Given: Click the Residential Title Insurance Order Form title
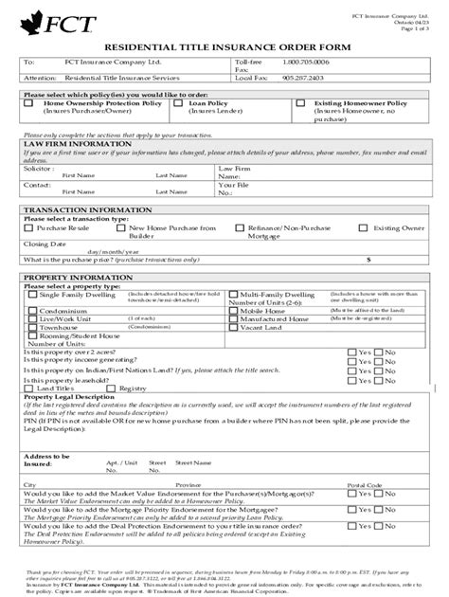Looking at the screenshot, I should [x=224, y=46].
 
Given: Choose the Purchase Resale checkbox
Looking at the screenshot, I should [x=29, y=227].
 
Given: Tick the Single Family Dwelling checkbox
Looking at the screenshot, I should [x=33, y=296].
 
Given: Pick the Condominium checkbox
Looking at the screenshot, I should [x=33, y=310].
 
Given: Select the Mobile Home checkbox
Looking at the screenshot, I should [x=234, y=310].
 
